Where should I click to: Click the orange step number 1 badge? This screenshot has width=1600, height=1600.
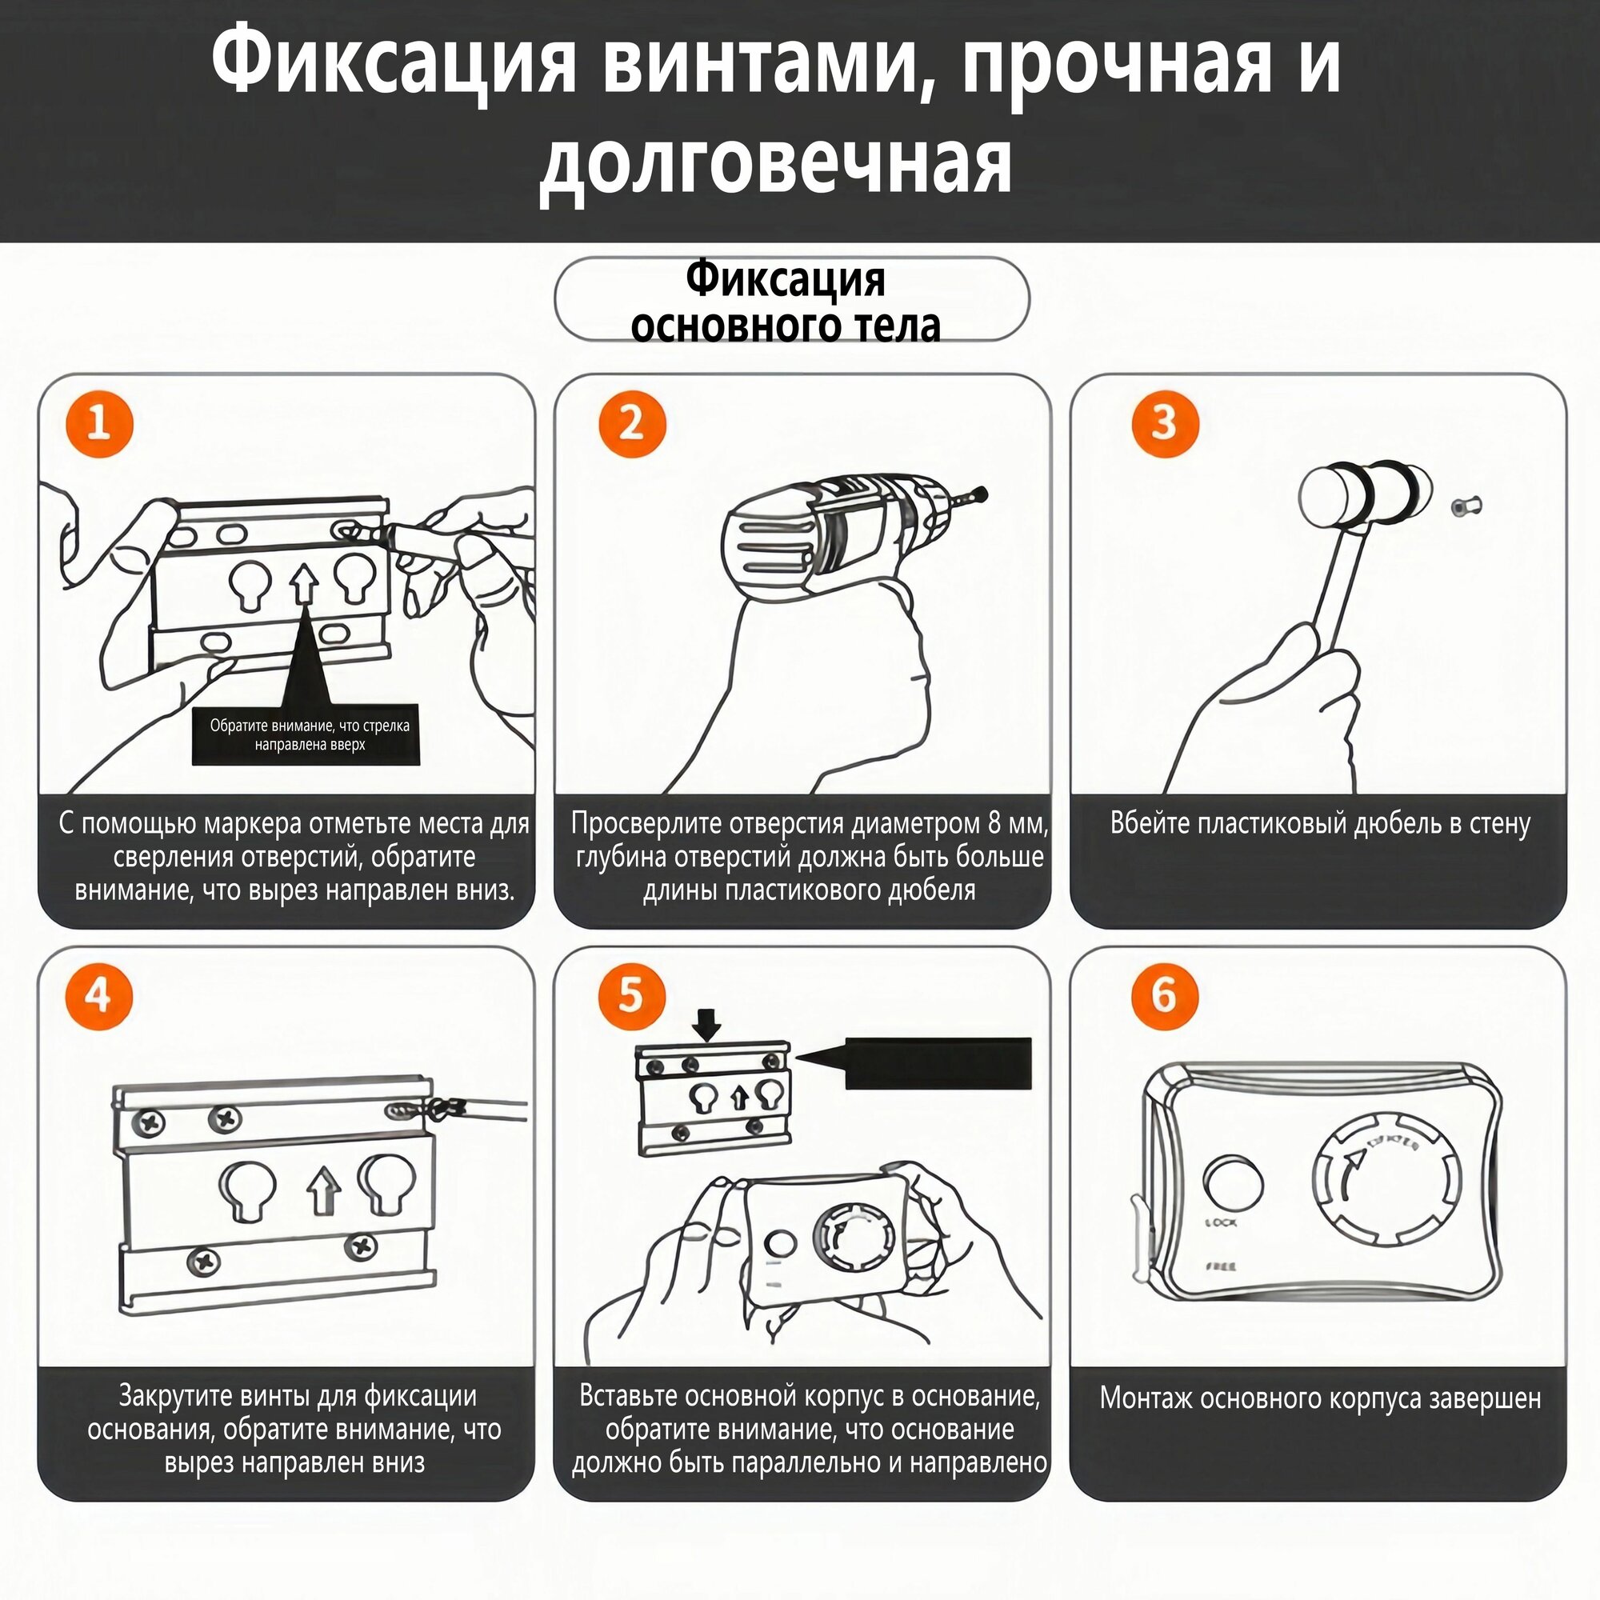pos(99,424)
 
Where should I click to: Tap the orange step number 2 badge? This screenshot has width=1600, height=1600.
pos(632,424)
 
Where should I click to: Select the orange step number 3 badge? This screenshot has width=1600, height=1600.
pos(1164,424)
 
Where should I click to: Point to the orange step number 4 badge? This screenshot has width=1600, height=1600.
pos(99,995)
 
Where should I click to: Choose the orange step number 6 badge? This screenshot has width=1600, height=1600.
pos(1164,995)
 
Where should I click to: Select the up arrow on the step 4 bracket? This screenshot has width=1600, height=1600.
pos(323,1193)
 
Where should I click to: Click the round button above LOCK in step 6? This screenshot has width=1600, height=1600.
pos(1232,1182)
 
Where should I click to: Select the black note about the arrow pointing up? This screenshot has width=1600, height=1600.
pos(306,735)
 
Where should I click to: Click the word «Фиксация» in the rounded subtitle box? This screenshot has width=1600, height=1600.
pos(785,280)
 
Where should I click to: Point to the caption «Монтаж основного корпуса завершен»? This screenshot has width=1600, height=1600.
pos(1320,1398)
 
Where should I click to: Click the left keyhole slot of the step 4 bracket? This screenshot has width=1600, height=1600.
pos(251,1190)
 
